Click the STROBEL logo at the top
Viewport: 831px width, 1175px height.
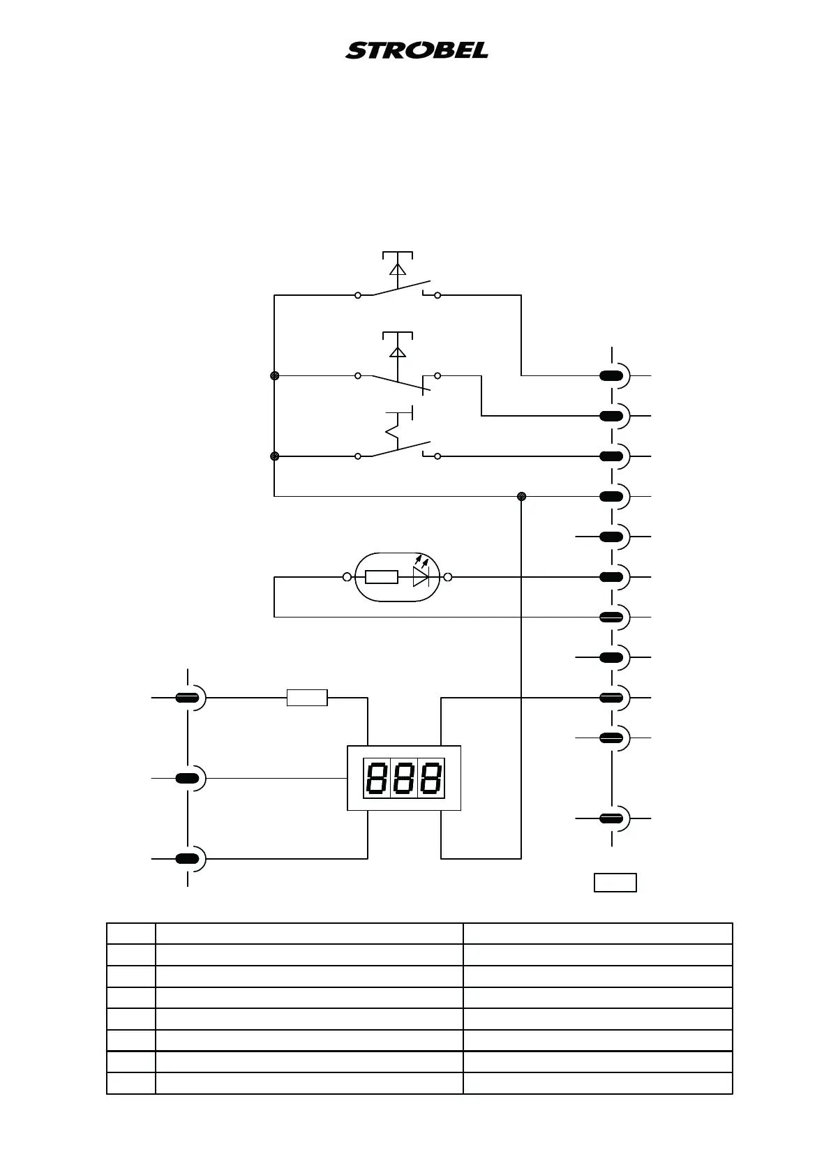pos(417,50)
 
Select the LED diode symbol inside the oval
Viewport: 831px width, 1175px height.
pos(420,576)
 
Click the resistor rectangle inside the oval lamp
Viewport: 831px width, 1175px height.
pos(382,577)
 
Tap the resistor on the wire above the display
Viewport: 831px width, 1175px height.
pos(307,697)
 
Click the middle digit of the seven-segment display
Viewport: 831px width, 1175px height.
pos(403,779)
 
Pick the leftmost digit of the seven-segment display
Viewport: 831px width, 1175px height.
pos(377,779)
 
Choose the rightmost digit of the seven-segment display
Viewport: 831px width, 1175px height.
pos(430,779)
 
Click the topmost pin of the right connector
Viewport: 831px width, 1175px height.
pos(612,376)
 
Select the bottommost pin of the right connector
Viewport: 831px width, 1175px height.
pos(612,818)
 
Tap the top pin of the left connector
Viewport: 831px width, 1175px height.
pos(186,697)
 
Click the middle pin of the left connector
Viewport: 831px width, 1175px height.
pos(186,778)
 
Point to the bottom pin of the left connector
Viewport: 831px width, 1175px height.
pos(186,859)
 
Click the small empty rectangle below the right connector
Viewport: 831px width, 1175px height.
pos(615,882)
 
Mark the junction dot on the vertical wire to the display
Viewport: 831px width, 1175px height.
pos(521,496)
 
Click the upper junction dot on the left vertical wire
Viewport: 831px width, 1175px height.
pos(274,375)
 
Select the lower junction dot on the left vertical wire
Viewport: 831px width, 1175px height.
pos(274,456)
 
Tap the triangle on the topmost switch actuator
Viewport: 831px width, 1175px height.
pos(398,269)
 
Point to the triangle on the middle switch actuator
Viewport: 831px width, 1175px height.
pos(398,351)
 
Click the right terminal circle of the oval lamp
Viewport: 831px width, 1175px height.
pos(448,577)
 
